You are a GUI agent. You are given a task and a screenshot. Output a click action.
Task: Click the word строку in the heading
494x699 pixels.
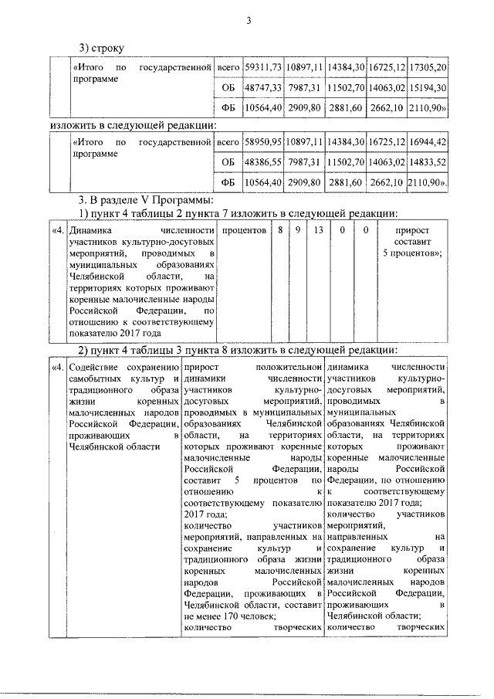click(x=108, y=49)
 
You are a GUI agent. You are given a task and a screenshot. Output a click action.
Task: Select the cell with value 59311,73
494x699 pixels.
click(x=262, y=68)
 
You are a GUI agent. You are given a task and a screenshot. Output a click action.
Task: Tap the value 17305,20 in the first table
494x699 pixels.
click(x=428, y=68)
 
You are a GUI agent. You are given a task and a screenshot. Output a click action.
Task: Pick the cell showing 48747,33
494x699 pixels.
click(x=262, y=89)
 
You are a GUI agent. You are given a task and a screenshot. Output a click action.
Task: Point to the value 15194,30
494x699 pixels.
click(x=428, y=89)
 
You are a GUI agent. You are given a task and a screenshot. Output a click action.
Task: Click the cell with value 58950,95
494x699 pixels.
click(x=262, y=142)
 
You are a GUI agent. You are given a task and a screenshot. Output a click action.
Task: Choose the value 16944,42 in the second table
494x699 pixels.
click(x=428, y=142)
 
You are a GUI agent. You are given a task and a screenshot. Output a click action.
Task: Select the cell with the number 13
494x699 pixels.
click(x=319, y=230)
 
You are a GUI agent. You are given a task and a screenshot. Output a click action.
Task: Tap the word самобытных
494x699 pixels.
click(x=93, y=378)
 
